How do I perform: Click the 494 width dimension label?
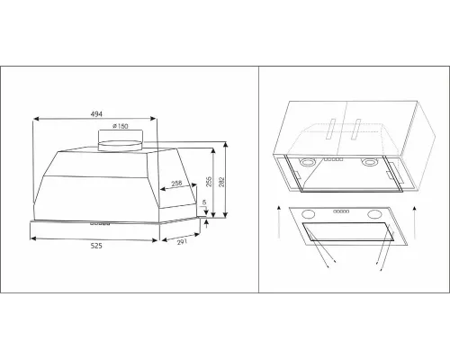point(96,114)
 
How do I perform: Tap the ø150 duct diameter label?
point(121,126)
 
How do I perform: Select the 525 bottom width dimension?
point(96,246)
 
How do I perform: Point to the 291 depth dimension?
point(182,242)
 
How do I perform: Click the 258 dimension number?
point(176,184)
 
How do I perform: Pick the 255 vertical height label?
point(209,182)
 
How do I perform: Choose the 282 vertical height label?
point(221,182)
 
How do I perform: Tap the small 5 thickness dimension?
point(204,202)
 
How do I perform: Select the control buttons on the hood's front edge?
point(100,223)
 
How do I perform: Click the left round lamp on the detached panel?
point(308,214)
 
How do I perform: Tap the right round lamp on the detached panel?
point(374,214)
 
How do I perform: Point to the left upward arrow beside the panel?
point(279,222)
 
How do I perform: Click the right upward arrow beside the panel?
point(415,222)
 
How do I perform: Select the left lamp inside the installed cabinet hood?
point(307,162)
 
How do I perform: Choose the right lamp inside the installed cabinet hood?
point(368,163)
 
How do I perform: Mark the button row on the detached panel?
point(341,211)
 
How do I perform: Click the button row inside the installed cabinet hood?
point(335,159)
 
